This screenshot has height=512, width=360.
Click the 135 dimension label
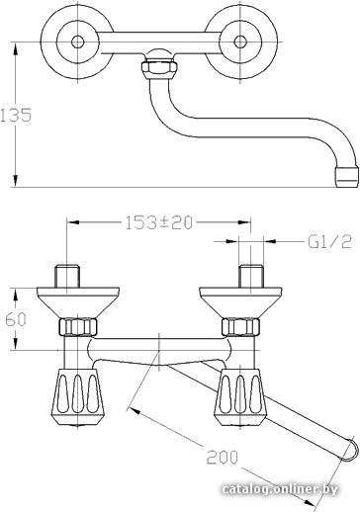tap(16, 115)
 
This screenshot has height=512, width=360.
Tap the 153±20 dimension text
tap(158, 222)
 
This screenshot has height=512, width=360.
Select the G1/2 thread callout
tap(329, 242)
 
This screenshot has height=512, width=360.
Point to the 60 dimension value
tap(16, 319)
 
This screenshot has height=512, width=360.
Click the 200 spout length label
tap(223, 457)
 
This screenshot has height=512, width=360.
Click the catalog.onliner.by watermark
tap(280, 489)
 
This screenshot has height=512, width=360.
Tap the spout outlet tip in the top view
tap(346, 176)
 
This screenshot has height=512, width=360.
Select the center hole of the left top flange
tap(78, 42)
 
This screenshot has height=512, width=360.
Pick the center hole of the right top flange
tap(240, 42)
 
